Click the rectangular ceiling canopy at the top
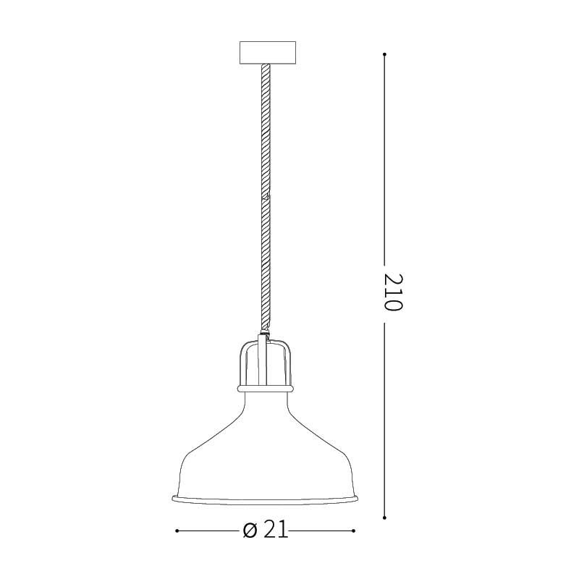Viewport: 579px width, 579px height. click(x=267, y=54)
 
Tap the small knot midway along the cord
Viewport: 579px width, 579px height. click(x=266, y=195)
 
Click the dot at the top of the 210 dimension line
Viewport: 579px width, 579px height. click(x=384, y=54)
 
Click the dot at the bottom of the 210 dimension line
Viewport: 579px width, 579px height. click(x=384, y=517)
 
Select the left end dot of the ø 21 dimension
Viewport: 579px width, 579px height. click(x=177, y=531)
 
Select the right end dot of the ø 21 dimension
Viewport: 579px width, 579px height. click(x=354, y=531)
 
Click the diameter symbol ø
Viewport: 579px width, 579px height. click(x=250, y=531)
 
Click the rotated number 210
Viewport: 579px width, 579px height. click(x=392, y=292)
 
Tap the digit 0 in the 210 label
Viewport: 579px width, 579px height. click(x=392, y=304)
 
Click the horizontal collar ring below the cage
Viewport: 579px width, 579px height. click(x=266, y=389)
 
